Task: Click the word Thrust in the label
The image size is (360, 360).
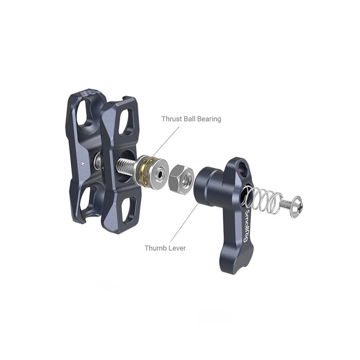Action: (172, 119)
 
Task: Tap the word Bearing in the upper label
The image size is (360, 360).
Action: (209, 119)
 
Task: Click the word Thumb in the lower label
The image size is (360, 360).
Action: (155, 248)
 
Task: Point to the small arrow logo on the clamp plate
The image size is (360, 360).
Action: (84, 162)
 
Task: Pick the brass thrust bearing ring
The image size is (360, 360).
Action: (146, 172)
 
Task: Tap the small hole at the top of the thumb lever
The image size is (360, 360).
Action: (242, 167)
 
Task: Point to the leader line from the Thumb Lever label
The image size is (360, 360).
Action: (185, 224)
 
